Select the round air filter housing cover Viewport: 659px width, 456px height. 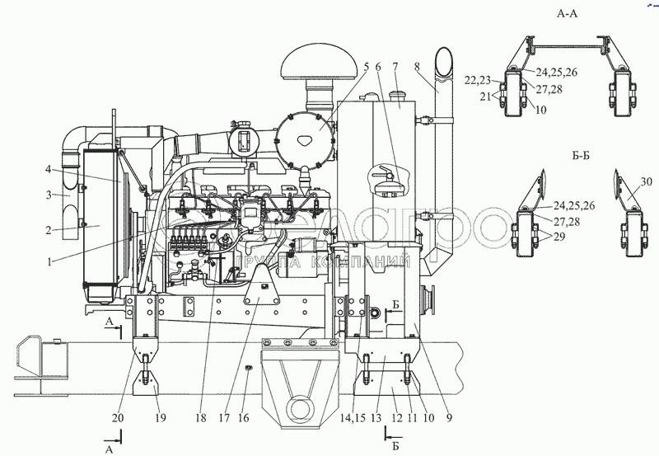(x=305, y=131)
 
